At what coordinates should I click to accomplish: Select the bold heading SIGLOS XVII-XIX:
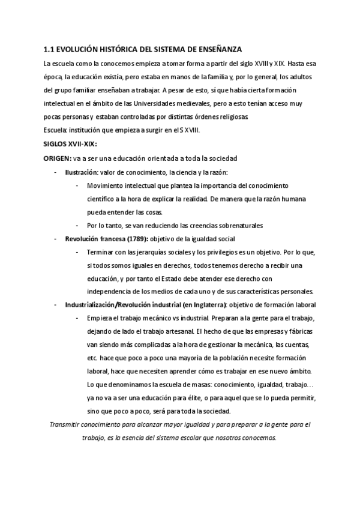70,144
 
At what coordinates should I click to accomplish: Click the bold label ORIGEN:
56,158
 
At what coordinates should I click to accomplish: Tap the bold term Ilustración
81,172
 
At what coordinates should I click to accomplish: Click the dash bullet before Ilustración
56,172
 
